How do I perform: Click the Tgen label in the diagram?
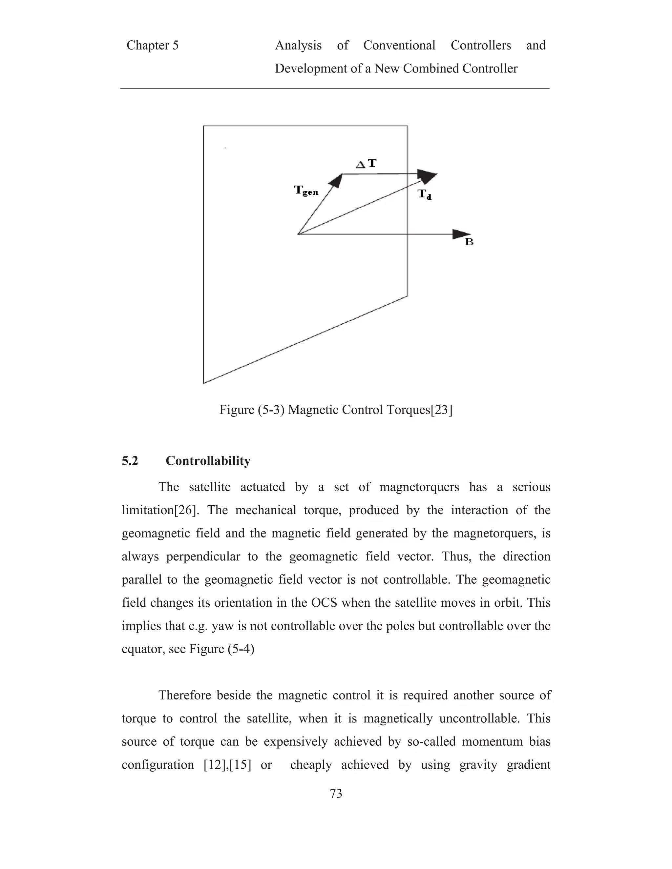[306, 191]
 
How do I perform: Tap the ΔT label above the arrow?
[366, 164]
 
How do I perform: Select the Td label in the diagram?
[424, 194]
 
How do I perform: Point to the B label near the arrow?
[469, 242]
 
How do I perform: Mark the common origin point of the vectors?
[298, 234]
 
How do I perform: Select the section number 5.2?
[130, 461]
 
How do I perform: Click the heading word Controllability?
[208, 461]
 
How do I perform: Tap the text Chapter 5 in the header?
[153, 45]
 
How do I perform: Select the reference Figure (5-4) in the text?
[221, 649]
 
